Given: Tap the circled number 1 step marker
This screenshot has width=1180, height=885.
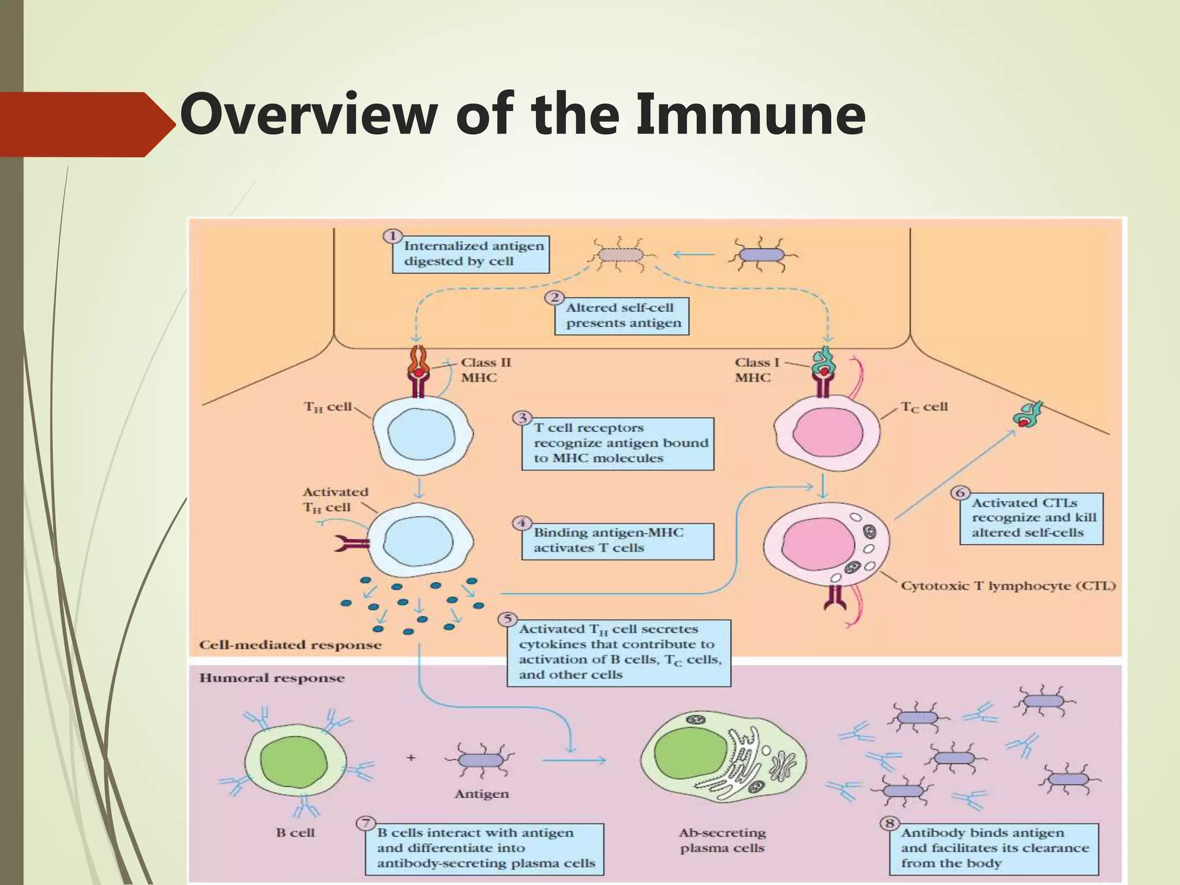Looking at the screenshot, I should pyautogui.click(x=393, y=236).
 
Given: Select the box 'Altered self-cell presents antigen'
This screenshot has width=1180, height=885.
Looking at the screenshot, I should pyautogui.click(x=622, y=315).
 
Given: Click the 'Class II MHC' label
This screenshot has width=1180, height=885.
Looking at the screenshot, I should pyautogui.click(x=485, y=370).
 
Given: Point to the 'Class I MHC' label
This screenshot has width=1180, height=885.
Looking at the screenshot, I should pyautogui.click(x=757, y=370).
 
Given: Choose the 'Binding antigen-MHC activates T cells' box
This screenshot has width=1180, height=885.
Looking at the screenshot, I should pyautogui.click(x=618, y=540).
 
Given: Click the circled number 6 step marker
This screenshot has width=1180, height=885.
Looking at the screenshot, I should pyautogui.click(x=960, y=493).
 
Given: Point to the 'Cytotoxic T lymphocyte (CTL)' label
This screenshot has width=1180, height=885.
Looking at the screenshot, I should pyautogui.click(x=1008, y=586).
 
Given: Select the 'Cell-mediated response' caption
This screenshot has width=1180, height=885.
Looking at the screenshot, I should pyautogui.click(x=290, y=645).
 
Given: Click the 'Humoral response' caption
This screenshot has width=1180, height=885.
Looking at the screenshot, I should pyautogui.click(x=272, y=678).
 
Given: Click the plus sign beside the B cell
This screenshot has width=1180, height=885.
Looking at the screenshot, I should pyautogui.click(x=411, y=758).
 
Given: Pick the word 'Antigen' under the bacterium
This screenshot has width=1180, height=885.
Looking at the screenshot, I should pyautogui.click(x=482, y=794).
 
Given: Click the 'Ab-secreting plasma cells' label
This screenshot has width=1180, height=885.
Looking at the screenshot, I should pyautogui.click(x=723, y=840).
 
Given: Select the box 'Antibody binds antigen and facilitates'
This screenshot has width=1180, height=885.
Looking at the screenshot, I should pyautogui.click(x=994, y=848).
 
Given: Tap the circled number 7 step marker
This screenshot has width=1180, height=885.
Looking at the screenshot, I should pyautogui.click(x=365, y=823).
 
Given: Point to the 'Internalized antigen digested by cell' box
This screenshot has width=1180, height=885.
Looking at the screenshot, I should pyautogui.click(x=471, y=254).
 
